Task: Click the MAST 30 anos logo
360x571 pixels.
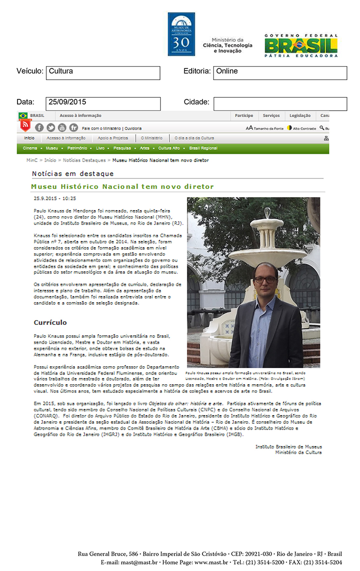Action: click(x=181, y=34)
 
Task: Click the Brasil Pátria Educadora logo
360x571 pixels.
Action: click(x=301, y=45)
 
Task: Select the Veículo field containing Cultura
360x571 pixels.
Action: click(x=103, y=73)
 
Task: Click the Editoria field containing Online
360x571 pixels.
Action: click(x=280, y=73)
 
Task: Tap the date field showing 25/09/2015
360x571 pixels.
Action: click(x=103, y=103)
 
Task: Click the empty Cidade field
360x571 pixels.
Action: click(x=280, y=103)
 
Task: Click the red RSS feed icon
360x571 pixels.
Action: click(x=25, y=125)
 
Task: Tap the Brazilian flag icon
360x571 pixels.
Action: click(x=23, y=116)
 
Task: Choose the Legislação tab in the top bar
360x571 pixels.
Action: click(x=300, y=116)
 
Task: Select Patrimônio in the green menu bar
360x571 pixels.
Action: click(x=77, y=148)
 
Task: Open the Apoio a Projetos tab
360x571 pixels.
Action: click(x=112, y=138)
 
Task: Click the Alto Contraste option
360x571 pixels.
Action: click(x=301, y=128)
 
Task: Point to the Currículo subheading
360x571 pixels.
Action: click(x=50, y=323)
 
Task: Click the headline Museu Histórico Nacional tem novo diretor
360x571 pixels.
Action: click(x=122, y=186)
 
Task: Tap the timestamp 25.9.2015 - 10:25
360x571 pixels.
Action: click(x=55, y=198)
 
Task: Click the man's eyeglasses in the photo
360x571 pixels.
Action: click(x=265, y=279)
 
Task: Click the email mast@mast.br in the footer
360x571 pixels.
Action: click(x=128, y=562)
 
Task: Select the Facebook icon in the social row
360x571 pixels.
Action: click(x=39, y=128)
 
